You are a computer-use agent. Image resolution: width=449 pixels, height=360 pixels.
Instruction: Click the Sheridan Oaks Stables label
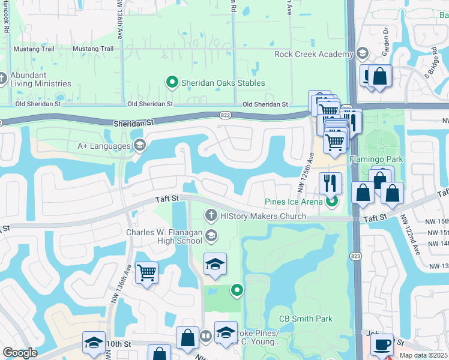coord(223,83)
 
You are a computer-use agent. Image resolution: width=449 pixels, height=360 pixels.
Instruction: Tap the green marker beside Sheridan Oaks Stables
coord(172,83)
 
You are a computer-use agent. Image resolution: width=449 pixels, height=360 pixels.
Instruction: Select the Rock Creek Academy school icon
coord(362,55)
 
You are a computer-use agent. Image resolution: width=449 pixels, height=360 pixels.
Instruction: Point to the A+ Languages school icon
coord(139,145)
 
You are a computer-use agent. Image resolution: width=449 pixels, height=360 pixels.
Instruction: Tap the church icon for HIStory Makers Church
coord(211,215)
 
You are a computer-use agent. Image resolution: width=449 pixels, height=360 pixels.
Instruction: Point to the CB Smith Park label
coord(306,319)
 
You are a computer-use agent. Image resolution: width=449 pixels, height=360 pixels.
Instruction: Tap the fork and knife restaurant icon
coord(330,182)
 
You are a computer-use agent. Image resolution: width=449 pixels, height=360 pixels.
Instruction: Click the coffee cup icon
coord(382,344)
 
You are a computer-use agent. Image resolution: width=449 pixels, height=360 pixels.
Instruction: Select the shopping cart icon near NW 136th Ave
coord(146,273)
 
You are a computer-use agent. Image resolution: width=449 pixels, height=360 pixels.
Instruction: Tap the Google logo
coord(20,353)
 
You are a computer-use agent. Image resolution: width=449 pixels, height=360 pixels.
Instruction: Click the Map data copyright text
coord(424,355)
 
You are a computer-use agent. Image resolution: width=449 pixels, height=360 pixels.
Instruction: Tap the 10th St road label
coord(118,344)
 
